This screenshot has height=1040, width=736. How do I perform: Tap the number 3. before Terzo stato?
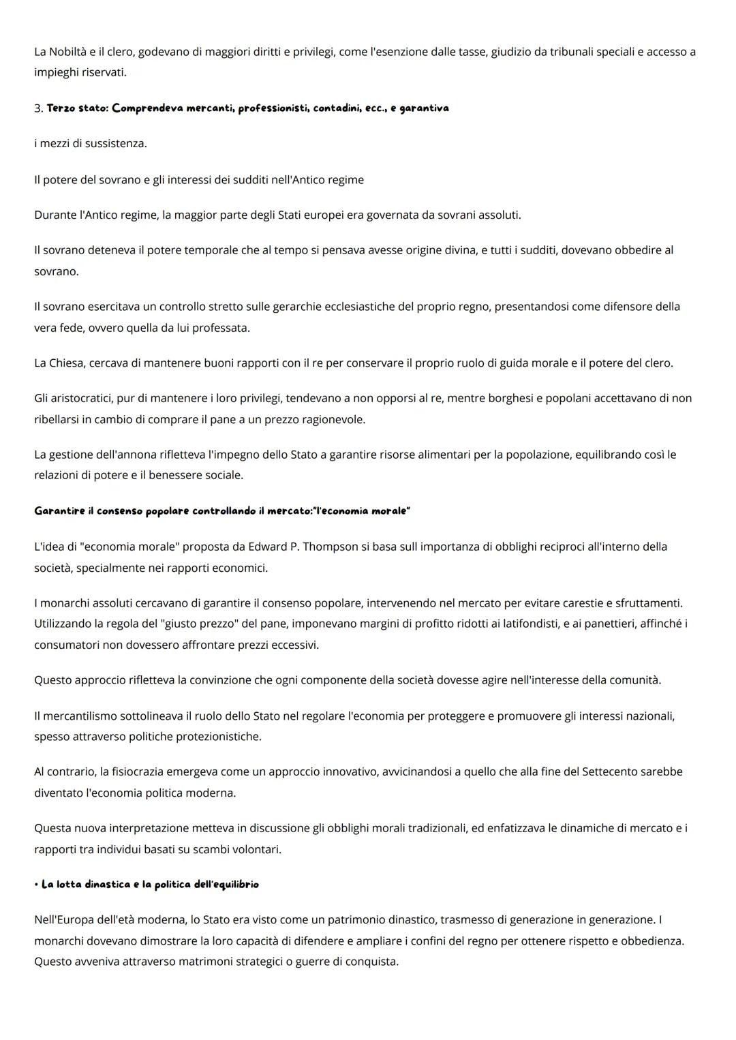38,108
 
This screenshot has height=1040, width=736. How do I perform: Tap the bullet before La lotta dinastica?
36,885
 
